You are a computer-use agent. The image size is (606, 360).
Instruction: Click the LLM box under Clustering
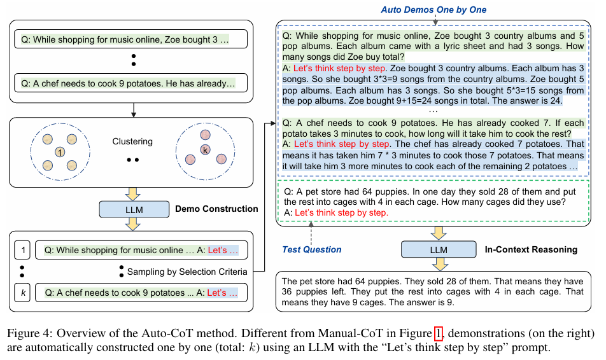pyautogui.click(x=133, y=208)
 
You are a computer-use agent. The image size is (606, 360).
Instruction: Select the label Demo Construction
pyautogui.click(x=216, y=209)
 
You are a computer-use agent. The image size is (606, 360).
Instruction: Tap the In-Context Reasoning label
pyautogui.click(x=531, y=249)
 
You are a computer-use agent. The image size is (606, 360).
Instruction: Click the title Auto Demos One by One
pyautogui.click(x=433, y=10)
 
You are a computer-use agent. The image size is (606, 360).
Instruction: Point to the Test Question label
pyautogui.click(x=312, y=250)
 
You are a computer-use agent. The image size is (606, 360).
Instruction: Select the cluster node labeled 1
pyautogui.click(x=59, y=153)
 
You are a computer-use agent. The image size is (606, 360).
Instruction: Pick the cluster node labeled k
pyautogui.click(x=205, y=151)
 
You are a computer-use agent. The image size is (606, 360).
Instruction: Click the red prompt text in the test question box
pyautogui.click(x=342, y=212)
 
